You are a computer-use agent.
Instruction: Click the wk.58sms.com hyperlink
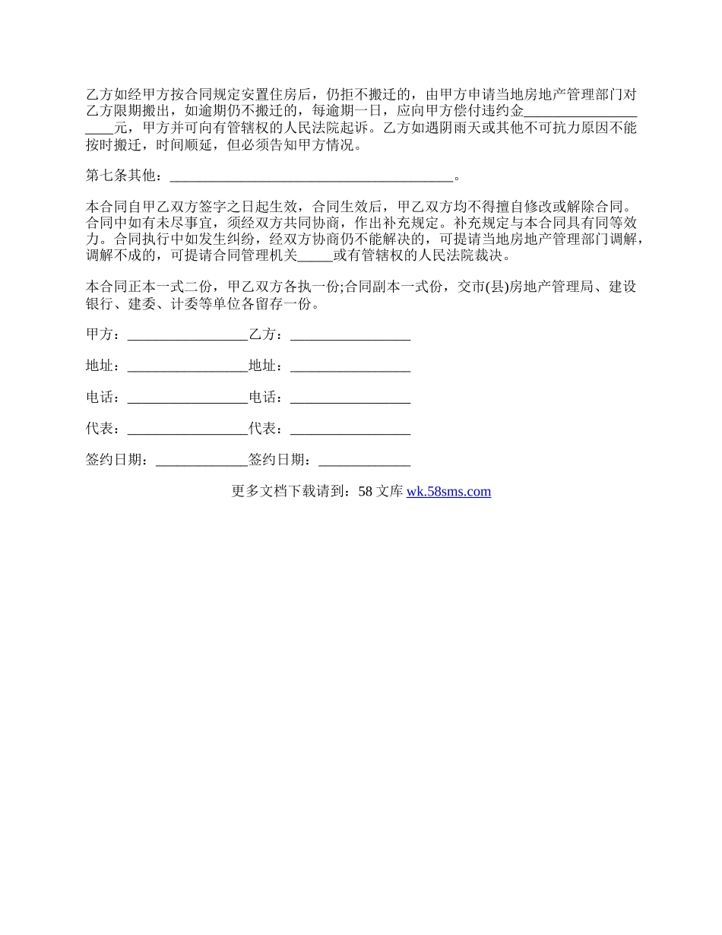pyautogui.click(x=448, y=492)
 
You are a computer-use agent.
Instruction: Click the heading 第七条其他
pyautogui.click(x=122, y=176)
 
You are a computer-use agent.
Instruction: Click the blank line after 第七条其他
pyautogui.click(x=312, y=178)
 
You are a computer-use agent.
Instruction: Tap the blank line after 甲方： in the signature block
pyautogui.click(x=188, y=335)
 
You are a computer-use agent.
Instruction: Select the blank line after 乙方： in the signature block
pyautogui.click(x=350, y=335)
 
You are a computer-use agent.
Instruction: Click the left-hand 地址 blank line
pyautogui.click(x=188, y=366)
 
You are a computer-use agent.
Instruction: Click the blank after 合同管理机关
pyautogui.click(x=315, y=256)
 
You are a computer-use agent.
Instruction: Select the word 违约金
pyautogui.click(x=505, y=111)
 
